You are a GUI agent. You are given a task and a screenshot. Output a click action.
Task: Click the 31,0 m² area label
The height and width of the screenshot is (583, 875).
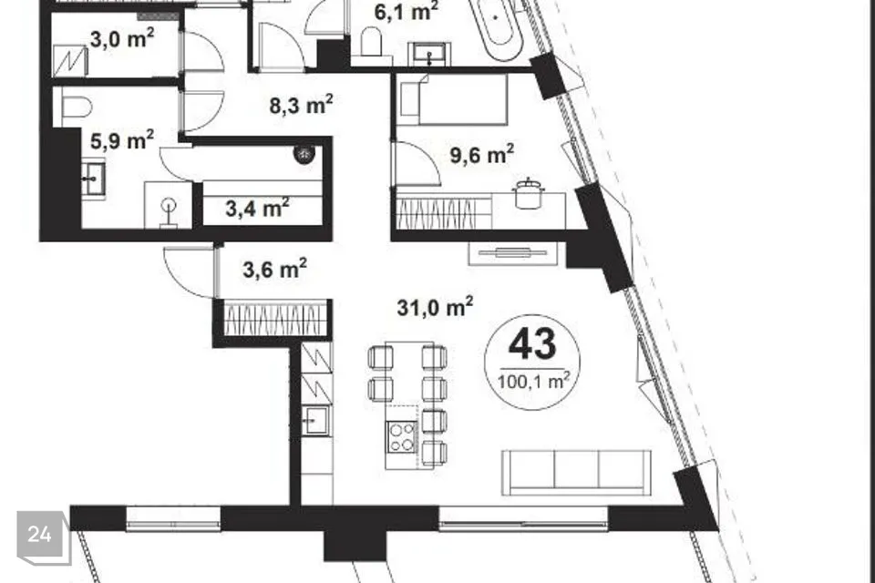pyautogui.click(x=436, y=306)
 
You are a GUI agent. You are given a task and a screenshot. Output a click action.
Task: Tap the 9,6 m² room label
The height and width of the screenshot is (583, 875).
pyautogui.click(x=482, y=155)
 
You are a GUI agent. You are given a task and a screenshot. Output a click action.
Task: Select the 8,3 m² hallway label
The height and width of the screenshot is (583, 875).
pyautogui.click(x=302, y=105)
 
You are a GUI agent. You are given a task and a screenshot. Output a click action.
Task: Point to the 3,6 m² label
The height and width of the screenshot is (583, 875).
pyautogui.click(x=274, y=269)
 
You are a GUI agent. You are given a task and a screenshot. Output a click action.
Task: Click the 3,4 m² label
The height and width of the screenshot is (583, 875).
pyautogui.click(x=257, y=208)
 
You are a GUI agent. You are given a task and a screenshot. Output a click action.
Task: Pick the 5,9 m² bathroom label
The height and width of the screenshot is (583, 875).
pyautogui.click(x=122, y=140)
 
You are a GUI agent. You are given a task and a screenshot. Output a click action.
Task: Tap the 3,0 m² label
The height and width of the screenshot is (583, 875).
pyautogui.click(x=122, y=39)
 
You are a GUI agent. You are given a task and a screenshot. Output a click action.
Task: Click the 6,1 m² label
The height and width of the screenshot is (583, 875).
pyautogui.click(x=407, y=11)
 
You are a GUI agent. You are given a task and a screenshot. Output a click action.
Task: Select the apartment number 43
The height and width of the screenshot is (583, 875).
pyautogui.click(x=532, y=343)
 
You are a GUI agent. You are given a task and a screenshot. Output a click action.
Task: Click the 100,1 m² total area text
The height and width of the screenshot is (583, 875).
pyautogui.click(x=533, y=382)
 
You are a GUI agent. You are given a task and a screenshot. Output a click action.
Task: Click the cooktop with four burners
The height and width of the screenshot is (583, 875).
pyautogui.click(x=402, y=436)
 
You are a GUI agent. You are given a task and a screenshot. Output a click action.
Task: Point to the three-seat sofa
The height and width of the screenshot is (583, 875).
pyautogui.click(x=577, y=473)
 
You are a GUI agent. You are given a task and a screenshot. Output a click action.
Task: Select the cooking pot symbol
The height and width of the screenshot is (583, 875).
pyautogui.click(x=528, y=194)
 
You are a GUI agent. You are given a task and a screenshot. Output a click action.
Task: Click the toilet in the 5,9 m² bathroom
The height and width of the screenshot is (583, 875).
pyautogui.click(x=77, y=106)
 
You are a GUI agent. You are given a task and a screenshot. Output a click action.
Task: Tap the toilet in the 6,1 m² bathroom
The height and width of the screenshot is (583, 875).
pyautogui.click(x=371, y=42)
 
